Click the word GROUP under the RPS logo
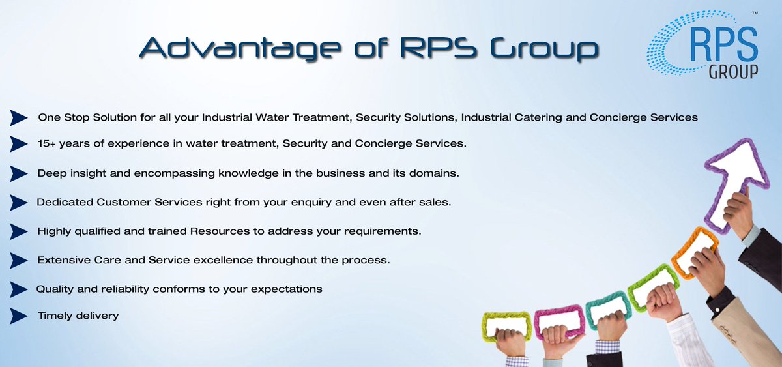coord(733,72)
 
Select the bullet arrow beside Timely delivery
coord(18,316)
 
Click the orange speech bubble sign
coord(694,250)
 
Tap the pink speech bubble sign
coord(558,321)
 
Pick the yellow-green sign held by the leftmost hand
coord(506,324)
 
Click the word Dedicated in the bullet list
coord(65,202)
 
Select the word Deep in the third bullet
coord(51,173)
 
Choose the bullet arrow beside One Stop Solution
coord(18,117)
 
